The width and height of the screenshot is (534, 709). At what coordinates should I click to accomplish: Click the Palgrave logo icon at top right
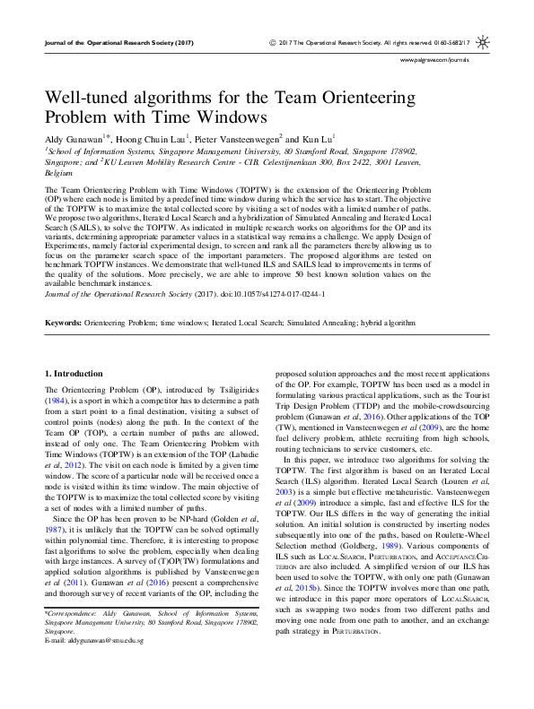pos(483,42)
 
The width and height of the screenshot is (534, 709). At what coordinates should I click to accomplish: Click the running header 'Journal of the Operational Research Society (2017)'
pos(118,42)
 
